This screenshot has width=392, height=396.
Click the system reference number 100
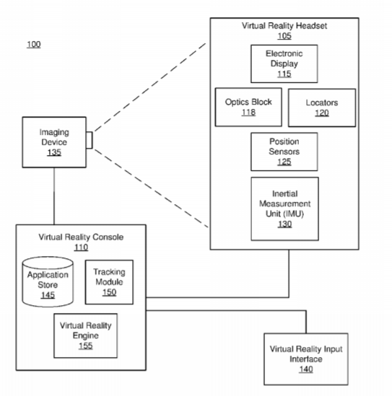click(34, 45)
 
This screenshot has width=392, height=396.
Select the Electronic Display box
click(284, 63)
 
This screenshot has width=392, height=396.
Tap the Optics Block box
click(248, 107)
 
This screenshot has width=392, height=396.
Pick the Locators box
click(322, 107)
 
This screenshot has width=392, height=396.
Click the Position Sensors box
click(284, 151)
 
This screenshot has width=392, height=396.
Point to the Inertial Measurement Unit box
click(284, 209)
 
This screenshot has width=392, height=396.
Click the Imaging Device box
click(54, 142)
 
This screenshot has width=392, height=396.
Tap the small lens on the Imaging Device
click(90, 140)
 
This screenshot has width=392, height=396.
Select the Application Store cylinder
click(48, 282)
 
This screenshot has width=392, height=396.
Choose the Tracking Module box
click(109, 282)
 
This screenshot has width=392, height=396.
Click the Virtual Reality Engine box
click(85, 335)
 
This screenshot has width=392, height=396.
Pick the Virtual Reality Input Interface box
click(306, 359)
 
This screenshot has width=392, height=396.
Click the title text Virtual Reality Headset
click(284, 26)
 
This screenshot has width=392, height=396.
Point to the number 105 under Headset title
click(284, 36)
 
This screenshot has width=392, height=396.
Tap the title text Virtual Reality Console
click(81, 237)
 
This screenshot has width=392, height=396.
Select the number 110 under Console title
click(81, 247)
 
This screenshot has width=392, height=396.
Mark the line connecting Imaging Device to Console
click(54, 196)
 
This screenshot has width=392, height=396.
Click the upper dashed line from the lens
click(150, 87)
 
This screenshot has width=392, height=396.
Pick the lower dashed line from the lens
click(151, 188)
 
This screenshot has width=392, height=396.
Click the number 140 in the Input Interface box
click(306, 369)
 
